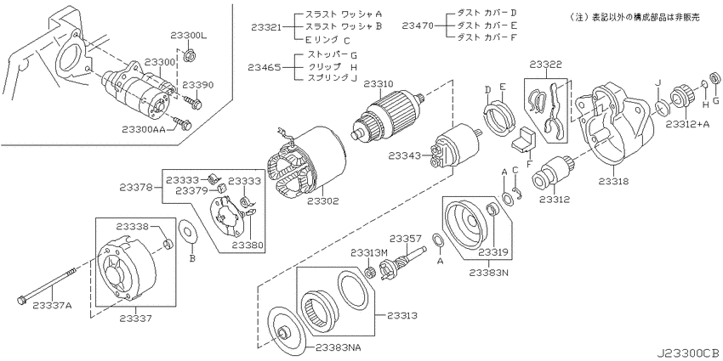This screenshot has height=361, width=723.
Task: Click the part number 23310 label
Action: pyautogui.click(x=379, y=84)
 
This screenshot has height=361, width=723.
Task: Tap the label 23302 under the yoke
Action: pyautogui.click(x=323, y=200)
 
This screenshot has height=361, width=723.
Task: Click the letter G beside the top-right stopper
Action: pyautogui.click(x=715, y=100)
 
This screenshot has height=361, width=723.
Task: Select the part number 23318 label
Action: pyautogui.click(x=614, y=182)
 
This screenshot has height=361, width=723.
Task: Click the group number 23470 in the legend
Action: pyautogui.click(x=418, y=25)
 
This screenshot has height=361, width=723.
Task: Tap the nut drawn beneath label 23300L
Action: pyautogui.click(x=188, y=57)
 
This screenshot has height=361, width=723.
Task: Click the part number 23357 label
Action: pyautogui.click(x=405, y=238)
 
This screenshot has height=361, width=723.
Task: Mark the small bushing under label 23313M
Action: pyautogui.click(x=369, y=273)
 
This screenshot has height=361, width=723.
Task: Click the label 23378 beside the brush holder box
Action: pyautogui.click(x=134, y=188)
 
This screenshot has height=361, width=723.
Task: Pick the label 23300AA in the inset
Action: pyautogui.click(x=144, y=130)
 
